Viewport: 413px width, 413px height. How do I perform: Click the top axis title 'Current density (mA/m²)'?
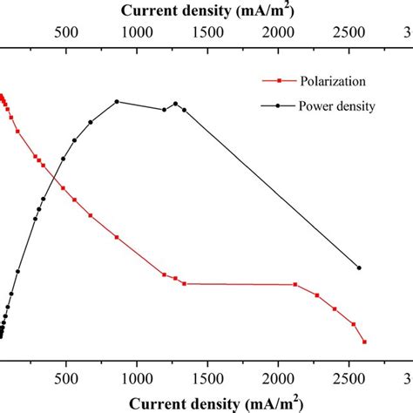click(x=206, y=11)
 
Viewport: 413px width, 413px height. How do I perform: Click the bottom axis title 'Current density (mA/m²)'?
click(x=206, y=403)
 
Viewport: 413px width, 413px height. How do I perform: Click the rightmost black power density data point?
click(x=359, y=267)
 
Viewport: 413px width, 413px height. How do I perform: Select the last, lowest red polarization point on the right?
click(x=364, y=342)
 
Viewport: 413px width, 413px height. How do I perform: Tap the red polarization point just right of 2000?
click(x=295, y=285)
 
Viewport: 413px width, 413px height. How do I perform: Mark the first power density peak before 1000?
click(x=117, y=101)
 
